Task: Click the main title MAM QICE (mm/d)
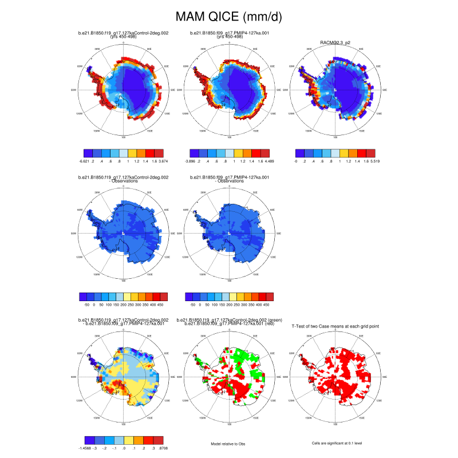pyautogui.click(x=228, y=17)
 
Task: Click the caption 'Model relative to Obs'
pyautogui.click(x=228, y=443)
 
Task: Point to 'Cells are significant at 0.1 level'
pyautogui.click(x=334, y=443)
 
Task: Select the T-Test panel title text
pyautogui.click(x=335, y=326)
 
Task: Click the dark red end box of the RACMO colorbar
pyautogui.click(x=371, y=153)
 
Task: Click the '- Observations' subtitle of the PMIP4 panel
pyautogui.click(x=228, y=181)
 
